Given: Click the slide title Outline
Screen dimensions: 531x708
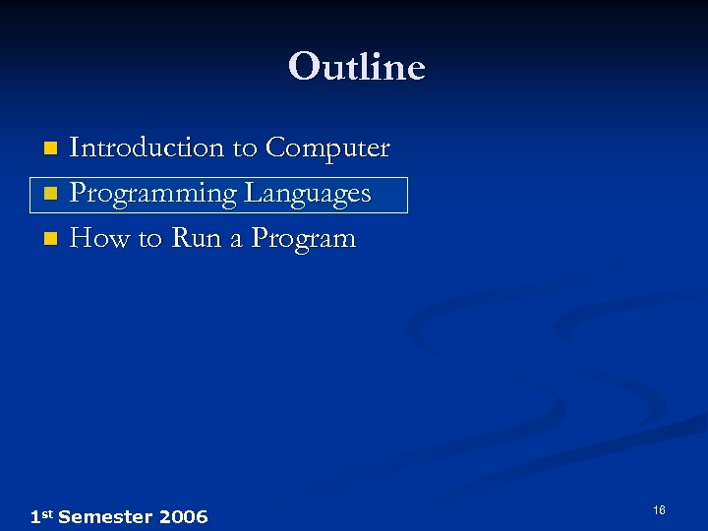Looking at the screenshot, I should tap(356, 67).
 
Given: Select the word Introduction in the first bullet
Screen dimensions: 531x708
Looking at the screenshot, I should tap(147, 147).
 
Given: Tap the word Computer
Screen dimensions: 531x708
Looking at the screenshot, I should tap(327, 147).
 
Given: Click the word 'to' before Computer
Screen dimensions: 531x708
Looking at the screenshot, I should tap(245, 148).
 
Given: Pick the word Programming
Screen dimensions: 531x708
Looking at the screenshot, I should tap(153, 194).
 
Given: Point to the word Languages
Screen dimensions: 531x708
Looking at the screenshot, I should tap(307, 193).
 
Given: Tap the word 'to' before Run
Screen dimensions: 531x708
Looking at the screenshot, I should tap(148, 239).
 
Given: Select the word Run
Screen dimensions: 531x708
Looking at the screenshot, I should tap(196, 238).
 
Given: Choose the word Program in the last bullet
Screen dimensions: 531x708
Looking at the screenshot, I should tap(303, 239).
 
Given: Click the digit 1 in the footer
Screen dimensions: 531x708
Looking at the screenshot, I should tap(35, 516).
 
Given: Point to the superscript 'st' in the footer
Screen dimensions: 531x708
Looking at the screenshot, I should tap(47, 513).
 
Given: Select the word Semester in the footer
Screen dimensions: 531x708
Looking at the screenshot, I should tap(104, 516).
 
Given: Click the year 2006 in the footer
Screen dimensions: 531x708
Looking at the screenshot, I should tap(183, 516).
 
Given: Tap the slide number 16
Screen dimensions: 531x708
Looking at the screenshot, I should tap(659, 510).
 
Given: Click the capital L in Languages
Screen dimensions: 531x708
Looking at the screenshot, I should tap(252, 193).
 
